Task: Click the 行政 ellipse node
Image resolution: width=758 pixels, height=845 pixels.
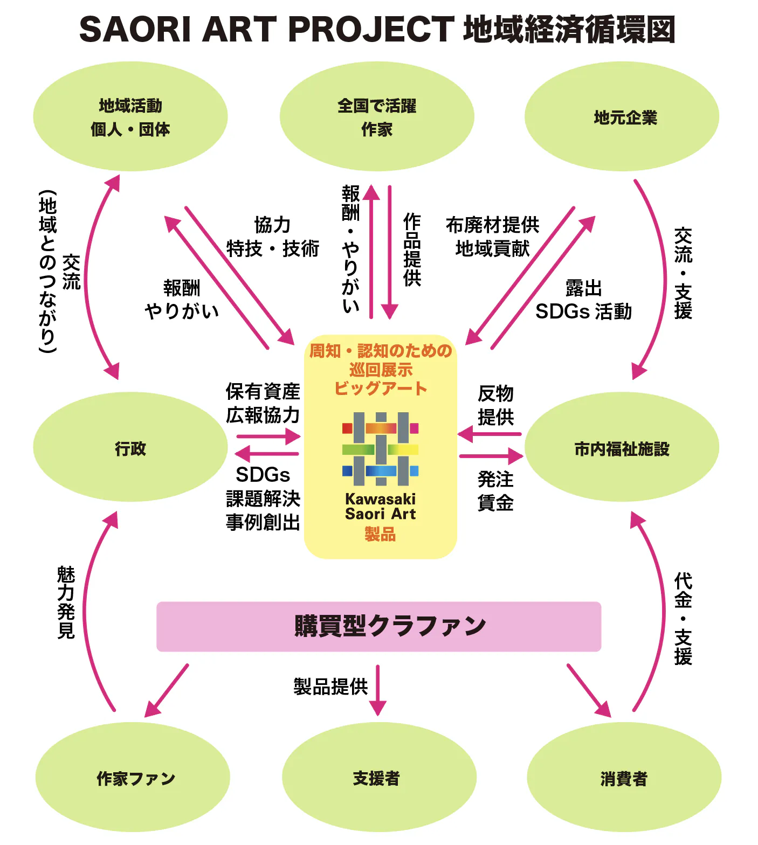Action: [130, 447]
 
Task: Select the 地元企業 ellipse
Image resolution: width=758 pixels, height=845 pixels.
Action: [622, 117]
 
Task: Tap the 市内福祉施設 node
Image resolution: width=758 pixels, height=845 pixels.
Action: [622, 447]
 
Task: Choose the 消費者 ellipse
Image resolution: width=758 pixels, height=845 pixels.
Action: [624, 778]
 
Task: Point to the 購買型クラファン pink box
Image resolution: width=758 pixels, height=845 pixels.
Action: [378, 626]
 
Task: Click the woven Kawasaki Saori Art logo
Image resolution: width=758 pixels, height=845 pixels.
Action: [381, 449]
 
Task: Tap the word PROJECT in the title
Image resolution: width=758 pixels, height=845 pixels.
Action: [371, 29]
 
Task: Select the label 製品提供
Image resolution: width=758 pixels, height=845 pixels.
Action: [330, 687]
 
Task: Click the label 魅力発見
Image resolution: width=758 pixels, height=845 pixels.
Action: [66, 602]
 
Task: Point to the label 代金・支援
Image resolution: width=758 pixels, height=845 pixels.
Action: [683, 619]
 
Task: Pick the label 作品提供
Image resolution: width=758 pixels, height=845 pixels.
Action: [412, 250]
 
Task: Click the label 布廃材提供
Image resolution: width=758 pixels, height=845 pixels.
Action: [492, 225]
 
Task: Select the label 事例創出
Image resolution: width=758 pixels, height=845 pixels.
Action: [263, 522]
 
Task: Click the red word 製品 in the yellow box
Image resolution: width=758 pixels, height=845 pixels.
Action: [380, 534]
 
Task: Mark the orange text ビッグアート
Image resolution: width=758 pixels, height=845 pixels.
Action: [381, 389]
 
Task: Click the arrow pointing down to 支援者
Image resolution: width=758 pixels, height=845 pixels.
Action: [377, 691]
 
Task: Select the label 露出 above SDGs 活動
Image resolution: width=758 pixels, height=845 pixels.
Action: [583, 288]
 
